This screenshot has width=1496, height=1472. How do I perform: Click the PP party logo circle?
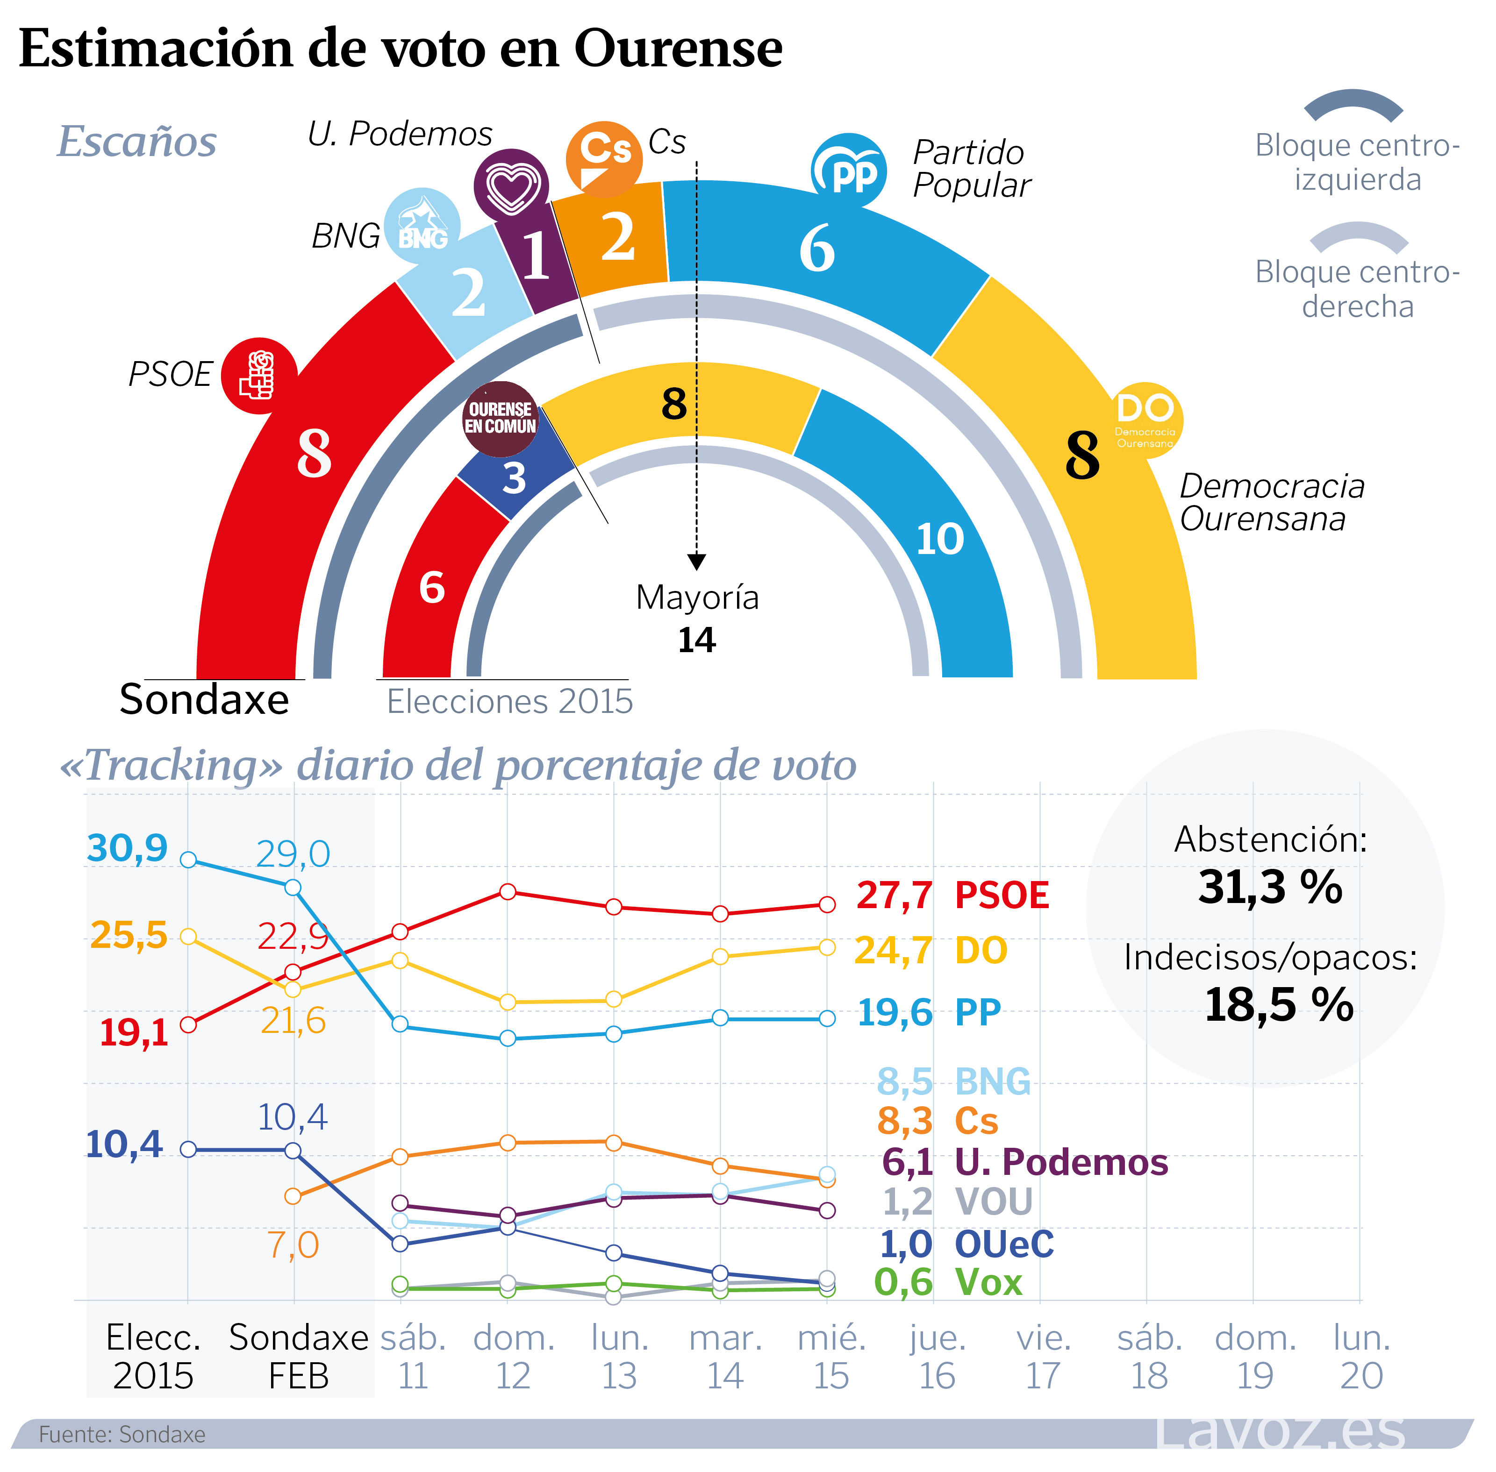pos(849,171)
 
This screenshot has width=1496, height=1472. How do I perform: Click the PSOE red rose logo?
pos(258,376)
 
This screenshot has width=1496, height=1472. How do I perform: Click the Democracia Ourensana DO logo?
pos(1145,420)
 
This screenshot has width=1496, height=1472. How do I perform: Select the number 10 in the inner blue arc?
pos(940,539)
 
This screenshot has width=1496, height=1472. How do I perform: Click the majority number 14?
pos(696,640)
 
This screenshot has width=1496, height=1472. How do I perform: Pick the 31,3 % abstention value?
pos(1270,887)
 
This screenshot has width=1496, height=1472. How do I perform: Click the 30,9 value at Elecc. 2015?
pos(127,848)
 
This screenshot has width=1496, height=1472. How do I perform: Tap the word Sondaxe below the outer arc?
pos(204,700)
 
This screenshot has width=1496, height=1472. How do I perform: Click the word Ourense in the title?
pos(678,48)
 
